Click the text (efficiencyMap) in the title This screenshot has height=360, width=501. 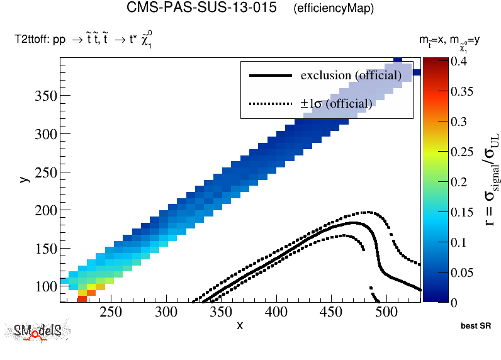[333, 9]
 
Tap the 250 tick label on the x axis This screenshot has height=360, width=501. [111, 313]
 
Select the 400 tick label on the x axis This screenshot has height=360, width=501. [277, 313]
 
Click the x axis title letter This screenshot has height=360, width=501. [240, 325]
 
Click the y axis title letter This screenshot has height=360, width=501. [24, 179]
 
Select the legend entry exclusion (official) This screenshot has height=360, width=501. [351, 76]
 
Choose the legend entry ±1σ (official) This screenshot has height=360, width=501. [336, 103]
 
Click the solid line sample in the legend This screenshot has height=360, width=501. [271, 76]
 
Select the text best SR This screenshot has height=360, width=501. [475, 326]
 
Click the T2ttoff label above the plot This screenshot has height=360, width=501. [82, 40]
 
